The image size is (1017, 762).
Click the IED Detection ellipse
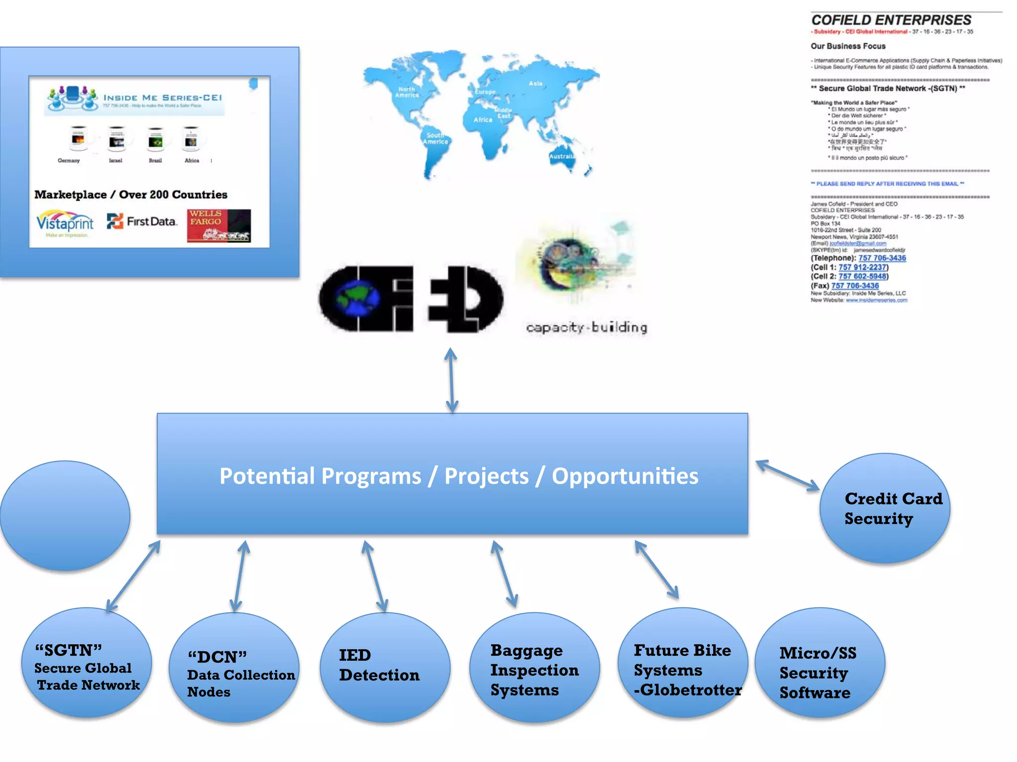coord(385,667)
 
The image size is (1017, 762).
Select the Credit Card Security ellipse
coord(884,508)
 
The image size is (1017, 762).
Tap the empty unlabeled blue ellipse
coord(65,516)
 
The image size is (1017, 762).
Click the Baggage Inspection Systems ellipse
coord(534,667)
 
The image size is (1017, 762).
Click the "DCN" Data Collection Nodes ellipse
coord(234,667)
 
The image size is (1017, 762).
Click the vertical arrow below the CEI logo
coord(451,380)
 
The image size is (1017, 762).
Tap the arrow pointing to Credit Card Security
coord(788,476)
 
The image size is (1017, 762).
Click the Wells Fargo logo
coord(218,226)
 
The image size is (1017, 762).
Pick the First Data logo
coord(142,221)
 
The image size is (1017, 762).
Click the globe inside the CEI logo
coord(357,298)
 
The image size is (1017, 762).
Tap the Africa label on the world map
coord(483,120)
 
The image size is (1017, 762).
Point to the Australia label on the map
coord(562,156)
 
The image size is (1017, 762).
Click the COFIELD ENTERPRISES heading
coord(891,20)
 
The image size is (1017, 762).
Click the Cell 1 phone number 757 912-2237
coord(863,267)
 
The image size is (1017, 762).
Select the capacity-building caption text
coord(586,327)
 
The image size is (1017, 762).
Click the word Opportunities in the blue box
coord(625,476)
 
